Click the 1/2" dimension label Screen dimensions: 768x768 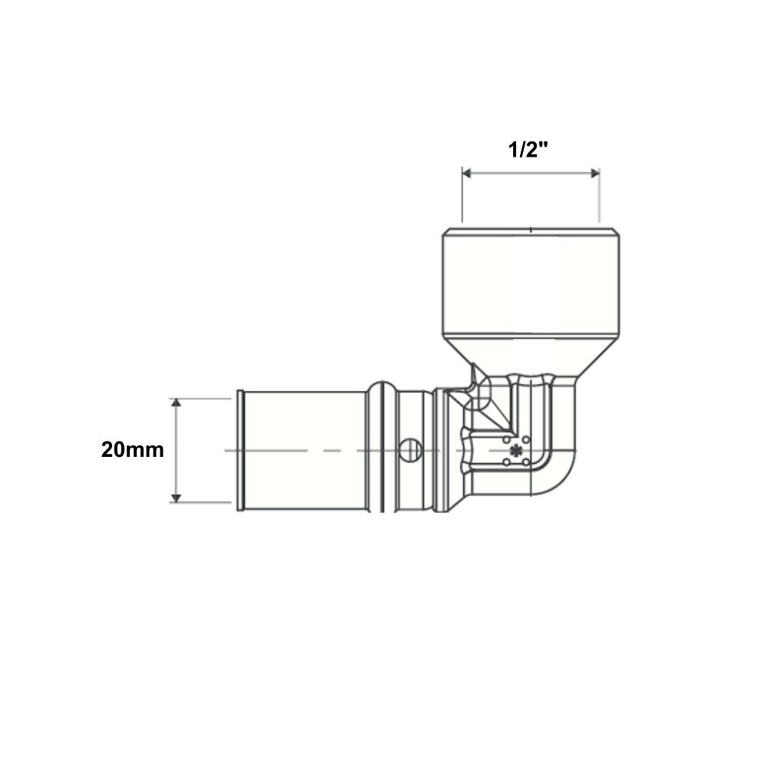(x=528, y=150)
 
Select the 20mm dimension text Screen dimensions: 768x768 (x=132, y=449)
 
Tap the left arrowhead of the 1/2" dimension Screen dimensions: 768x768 (x=467, y=174)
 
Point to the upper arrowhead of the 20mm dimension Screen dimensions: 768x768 (x=176, y=402)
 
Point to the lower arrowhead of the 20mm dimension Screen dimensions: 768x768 (x=176, y=498)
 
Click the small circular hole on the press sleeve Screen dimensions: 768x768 (x=410, y=449)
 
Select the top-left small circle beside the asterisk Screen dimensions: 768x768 (x=506, y=440)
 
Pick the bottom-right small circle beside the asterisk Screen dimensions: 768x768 (x=525, y=462)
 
